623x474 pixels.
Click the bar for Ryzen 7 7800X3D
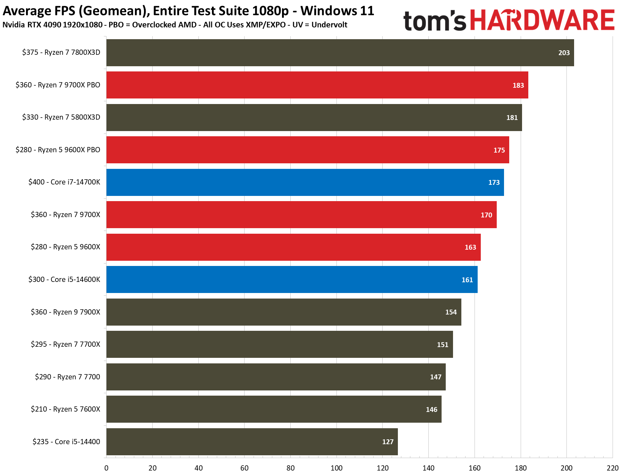(x=340, y=53)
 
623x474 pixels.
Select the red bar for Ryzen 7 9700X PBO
(x=317, y=85)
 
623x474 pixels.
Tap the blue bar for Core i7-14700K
(x=305, y=182)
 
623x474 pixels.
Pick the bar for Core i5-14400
(x=252, y=442)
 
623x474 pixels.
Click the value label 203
(x=564, y=53)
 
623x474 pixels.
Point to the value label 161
(x=467, y=280)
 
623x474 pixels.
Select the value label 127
(x=387, y=442)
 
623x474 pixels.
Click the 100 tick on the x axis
(x=336, y=468)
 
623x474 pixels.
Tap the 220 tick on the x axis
(x=613, y=468)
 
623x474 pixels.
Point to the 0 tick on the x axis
(x=106, y=468)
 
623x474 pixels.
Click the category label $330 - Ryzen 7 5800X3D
(x=61, y=117)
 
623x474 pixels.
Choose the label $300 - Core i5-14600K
(x=64, y=279)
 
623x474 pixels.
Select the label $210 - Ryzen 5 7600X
(x=65, y=409)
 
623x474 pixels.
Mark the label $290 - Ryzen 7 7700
(x=67, y=377)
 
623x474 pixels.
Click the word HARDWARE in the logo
(x=542, y=20)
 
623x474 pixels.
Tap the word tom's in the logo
(x=435, y=21)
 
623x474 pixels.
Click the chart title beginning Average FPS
(x=188, y=11)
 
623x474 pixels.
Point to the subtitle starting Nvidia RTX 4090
(x=175, y=25)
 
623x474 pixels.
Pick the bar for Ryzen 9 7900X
(x=284, y=312)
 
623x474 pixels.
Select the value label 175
(x=499, y=150)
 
